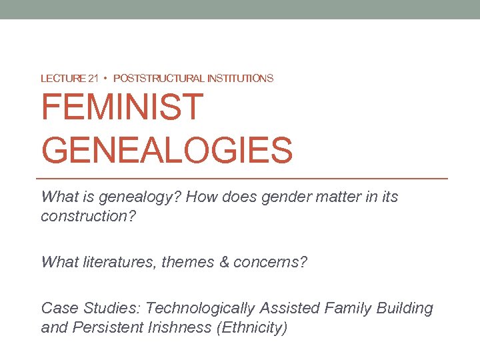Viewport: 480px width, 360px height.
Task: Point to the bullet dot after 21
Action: click(x=106, y=79)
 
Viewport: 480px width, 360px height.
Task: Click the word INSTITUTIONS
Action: click(x=240, y=79)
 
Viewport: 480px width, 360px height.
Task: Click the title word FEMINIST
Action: click(x=122, y=107)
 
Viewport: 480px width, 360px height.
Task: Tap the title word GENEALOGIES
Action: click(x=167, y=149)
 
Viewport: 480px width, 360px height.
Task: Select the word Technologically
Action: click(x=200, y=308)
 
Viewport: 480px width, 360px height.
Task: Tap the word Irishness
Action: click(x=175, y=328)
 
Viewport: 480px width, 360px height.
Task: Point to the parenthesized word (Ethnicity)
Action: click(x=249, y=328)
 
